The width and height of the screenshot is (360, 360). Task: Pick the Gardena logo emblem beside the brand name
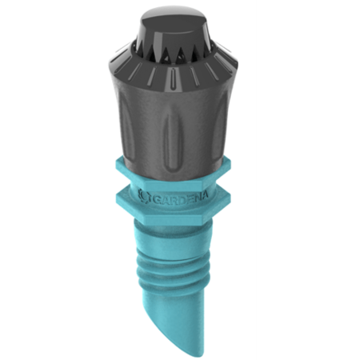[x=142, y=194]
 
